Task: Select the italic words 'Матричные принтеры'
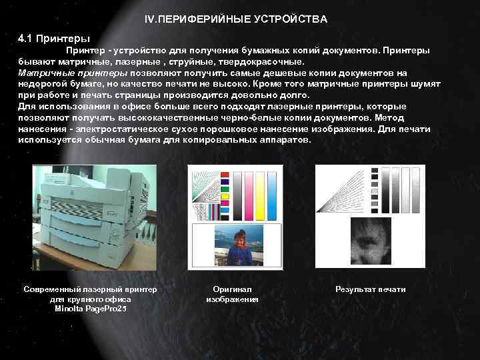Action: click(73, 73)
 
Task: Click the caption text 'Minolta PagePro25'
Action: click(90, 309)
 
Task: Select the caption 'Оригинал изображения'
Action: click(233, 294)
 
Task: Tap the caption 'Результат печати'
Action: click(370, 289)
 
